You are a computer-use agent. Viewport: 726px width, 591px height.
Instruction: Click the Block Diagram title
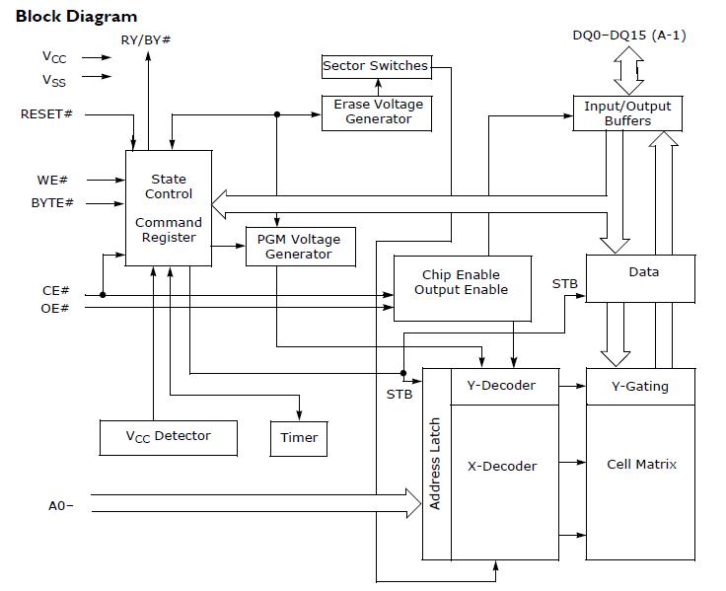[x=76, y=16]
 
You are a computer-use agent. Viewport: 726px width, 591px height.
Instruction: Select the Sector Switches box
[x=376, y=66]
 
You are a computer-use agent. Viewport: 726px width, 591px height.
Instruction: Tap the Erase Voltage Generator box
[x=378, y=112]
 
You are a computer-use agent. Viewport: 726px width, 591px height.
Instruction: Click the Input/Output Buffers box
[x=627, y=112]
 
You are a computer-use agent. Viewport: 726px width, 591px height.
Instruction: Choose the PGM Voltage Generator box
[x=298, y=247]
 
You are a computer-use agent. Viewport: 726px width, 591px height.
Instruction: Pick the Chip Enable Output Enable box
[x=462, y=282]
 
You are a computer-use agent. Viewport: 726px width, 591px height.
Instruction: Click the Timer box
[x=298, y=437]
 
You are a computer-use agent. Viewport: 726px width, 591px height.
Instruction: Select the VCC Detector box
[x=168, y=436]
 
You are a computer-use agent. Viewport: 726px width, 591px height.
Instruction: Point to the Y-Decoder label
[x=501, y=385]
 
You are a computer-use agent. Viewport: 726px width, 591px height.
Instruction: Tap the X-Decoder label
[x=501, y=466]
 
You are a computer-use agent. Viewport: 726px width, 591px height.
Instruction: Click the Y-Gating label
[x=640, y=386]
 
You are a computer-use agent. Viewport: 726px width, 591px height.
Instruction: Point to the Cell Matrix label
[x=641, y=464]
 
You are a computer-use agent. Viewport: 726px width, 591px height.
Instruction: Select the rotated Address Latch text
[x=435, y=463]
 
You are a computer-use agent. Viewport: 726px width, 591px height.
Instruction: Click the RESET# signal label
[x=46, y=114]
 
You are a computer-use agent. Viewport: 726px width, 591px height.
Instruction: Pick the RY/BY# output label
[x=145, y=38]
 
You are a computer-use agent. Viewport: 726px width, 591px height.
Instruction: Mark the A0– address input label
[x=61, y=506]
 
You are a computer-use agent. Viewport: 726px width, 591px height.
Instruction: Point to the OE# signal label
[x=55, y=308]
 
